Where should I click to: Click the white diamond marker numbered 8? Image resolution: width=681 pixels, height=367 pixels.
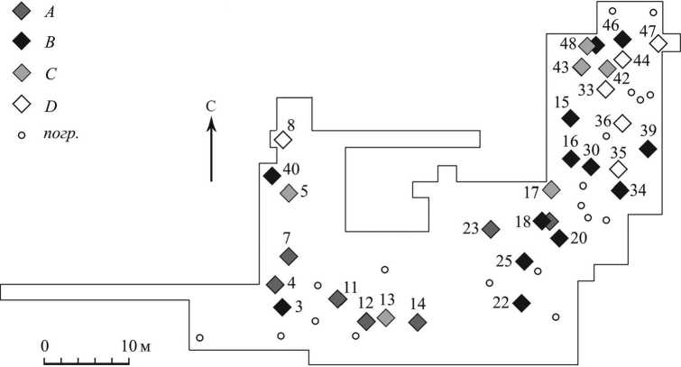[283, 140]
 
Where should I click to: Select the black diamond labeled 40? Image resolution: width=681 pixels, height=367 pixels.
[271, 175]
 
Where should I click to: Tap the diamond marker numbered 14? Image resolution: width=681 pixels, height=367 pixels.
[417, 321]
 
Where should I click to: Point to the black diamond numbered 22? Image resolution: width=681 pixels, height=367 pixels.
[520, 302]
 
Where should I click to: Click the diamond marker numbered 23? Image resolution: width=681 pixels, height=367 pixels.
[491, 229]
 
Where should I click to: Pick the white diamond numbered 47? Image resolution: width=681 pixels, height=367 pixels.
[658, 43]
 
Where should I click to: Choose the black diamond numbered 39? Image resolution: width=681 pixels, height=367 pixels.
[647, 149]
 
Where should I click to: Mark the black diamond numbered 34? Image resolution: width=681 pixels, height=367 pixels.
[620, 190]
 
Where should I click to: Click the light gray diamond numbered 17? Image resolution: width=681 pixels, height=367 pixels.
[551, 188]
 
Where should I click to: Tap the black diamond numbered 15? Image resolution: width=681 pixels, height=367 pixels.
[570, 117]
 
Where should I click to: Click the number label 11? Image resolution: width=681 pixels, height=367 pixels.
[350, 288]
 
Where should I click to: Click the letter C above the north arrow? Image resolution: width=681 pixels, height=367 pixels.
[211, 106]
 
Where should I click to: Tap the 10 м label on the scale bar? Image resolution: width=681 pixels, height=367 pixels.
[135, 345]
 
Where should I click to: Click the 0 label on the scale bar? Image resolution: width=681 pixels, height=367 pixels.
[44, 345]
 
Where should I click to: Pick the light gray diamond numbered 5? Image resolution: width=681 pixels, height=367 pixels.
[289, 192]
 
